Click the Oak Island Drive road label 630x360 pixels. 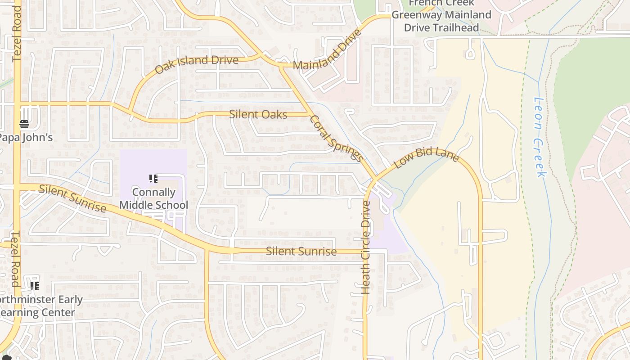(196, 64)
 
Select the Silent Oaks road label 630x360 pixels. (258, 114)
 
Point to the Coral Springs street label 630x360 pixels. (336, 138)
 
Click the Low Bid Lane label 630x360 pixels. (426, 157)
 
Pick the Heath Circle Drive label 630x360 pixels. (366, 247)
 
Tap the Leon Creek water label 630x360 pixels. (539, 137)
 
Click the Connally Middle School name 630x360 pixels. (153, 198)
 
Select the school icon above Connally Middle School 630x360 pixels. (153, 179)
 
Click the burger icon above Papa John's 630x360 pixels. (24, 124)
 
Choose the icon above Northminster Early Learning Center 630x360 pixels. (35, 286)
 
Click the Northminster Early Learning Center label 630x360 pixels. (38, 306)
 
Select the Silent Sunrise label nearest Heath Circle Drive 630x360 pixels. (301, 252)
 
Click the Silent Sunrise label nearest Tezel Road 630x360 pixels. (72, 198)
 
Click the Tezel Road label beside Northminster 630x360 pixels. (15, 259)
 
